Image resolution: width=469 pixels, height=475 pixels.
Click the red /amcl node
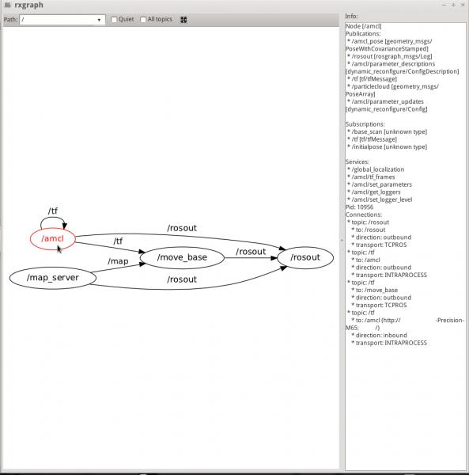click(53, 239)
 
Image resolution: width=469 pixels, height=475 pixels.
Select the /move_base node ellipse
click(182, 257)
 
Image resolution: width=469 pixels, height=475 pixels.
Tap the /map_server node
click(53, 278)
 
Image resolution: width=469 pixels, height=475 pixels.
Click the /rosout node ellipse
click(305, 257)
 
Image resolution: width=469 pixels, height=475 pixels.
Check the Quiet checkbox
click(114, 20)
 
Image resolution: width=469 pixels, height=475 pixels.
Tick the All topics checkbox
click(143, 20)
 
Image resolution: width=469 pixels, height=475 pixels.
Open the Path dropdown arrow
click(99, 20)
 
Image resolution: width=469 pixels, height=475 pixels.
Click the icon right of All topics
click(183, 20)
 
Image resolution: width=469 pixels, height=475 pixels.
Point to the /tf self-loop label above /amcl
click(53, 211)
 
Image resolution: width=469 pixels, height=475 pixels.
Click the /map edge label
click(118, 261)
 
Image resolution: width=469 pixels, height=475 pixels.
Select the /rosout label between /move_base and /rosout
click(251, 252)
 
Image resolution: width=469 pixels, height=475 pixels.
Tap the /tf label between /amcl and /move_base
click(118, 241)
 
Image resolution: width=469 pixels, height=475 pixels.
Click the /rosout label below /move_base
click(182, 279)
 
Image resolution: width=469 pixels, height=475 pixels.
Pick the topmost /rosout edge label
click(182, 228)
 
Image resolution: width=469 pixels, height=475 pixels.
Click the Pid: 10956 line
click(360, 207)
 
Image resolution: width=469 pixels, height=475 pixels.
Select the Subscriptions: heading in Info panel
click(365, 124)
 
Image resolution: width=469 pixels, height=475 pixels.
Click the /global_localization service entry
click(376, 169)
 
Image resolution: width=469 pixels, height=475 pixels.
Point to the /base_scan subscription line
click(388, 131)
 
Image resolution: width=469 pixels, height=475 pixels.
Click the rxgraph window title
click(28, 6)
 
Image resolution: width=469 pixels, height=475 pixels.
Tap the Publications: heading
click(363, 33)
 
